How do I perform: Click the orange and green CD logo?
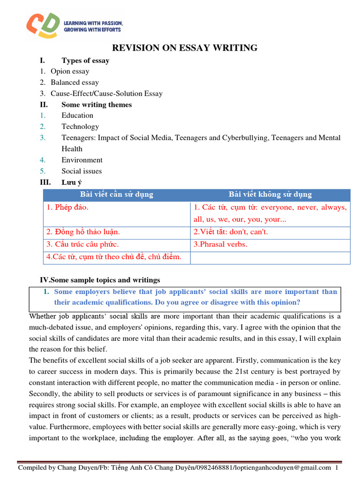tap(44, 25)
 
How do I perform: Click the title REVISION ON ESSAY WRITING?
tap(184, 48)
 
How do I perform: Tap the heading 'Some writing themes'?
tap(97, 105)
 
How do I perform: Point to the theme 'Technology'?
tap(80, 127)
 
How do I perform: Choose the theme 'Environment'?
tap(82, 160)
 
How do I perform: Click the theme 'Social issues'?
tap(82, 171)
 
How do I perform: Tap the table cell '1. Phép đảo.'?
tap(67, 207)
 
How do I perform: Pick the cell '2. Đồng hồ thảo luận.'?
tap(83, 232)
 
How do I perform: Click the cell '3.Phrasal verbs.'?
tap(220, 244)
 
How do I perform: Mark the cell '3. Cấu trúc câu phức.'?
tap(82, 244)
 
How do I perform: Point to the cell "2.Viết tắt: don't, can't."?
tap(231, 232)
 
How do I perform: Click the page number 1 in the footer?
tap(337, 468)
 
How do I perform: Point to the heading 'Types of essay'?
tap(85, 60)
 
